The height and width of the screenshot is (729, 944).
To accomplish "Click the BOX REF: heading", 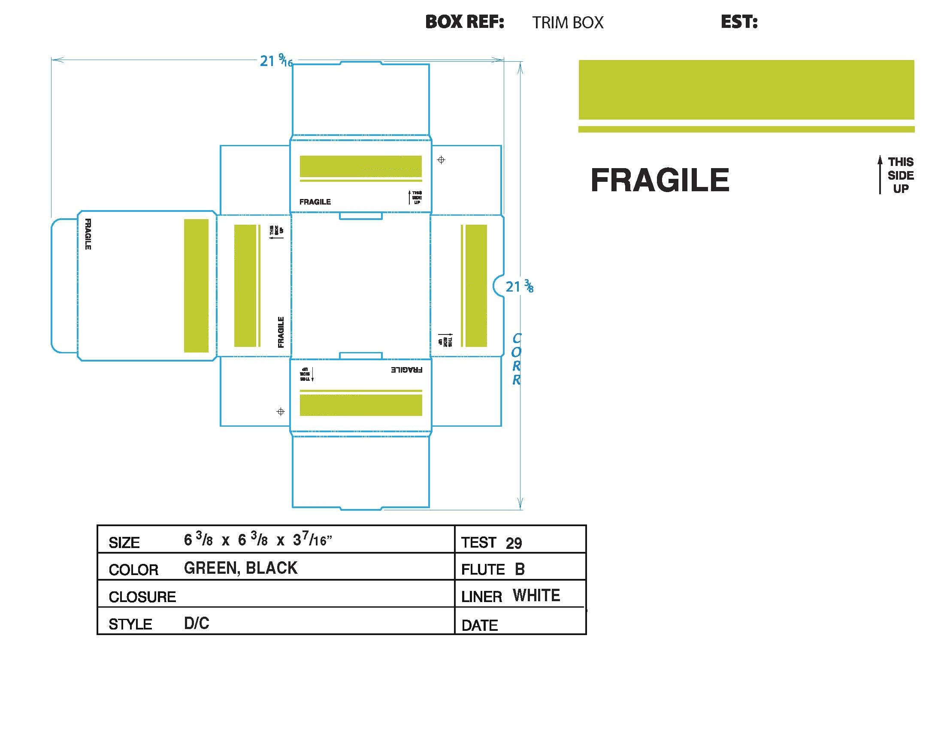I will pos(465,22).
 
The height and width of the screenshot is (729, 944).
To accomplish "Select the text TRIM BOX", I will pos(568,22).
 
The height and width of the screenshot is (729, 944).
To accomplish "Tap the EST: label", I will pos(739,22).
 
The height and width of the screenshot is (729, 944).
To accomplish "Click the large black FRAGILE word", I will pos(660,180).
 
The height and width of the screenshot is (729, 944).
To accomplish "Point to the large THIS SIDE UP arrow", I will pos(880,175).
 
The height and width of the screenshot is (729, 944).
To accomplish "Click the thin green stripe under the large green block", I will pos(747,129).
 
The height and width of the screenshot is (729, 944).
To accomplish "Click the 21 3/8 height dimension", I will pos(520,286).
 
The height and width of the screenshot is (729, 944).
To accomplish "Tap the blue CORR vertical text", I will pos(516,359).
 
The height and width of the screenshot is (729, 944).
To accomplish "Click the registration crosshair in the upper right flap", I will pos(441,160).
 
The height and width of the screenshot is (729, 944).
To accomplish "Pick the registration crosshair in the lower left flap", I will pos(281,412).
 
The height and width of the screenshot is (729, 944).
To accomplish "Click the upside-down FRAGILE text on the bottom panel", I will pos(406,370).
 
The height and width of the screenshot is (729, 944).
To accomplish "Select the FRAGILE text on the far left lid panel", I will pos(88,234).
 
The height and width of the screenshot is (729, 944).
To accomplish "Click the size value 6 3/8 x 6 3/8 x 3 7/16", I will pos(257,540).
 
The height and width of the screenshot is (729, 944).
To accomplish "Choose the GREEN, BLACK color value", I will pos(241,568).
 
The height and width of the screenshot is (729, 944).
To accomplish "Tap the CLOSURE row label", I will pos(142,597).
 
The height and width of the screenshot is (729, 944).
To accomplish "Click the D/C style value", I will pos(197,623).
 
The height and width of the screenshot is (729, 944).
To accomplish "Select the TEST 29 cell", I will pos(491,542).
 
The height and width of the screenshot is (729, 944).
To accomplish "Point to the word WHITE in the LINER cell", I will pos(536,596).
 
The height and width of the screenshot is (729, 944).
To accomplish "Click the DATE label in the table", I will pos(480,625).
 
